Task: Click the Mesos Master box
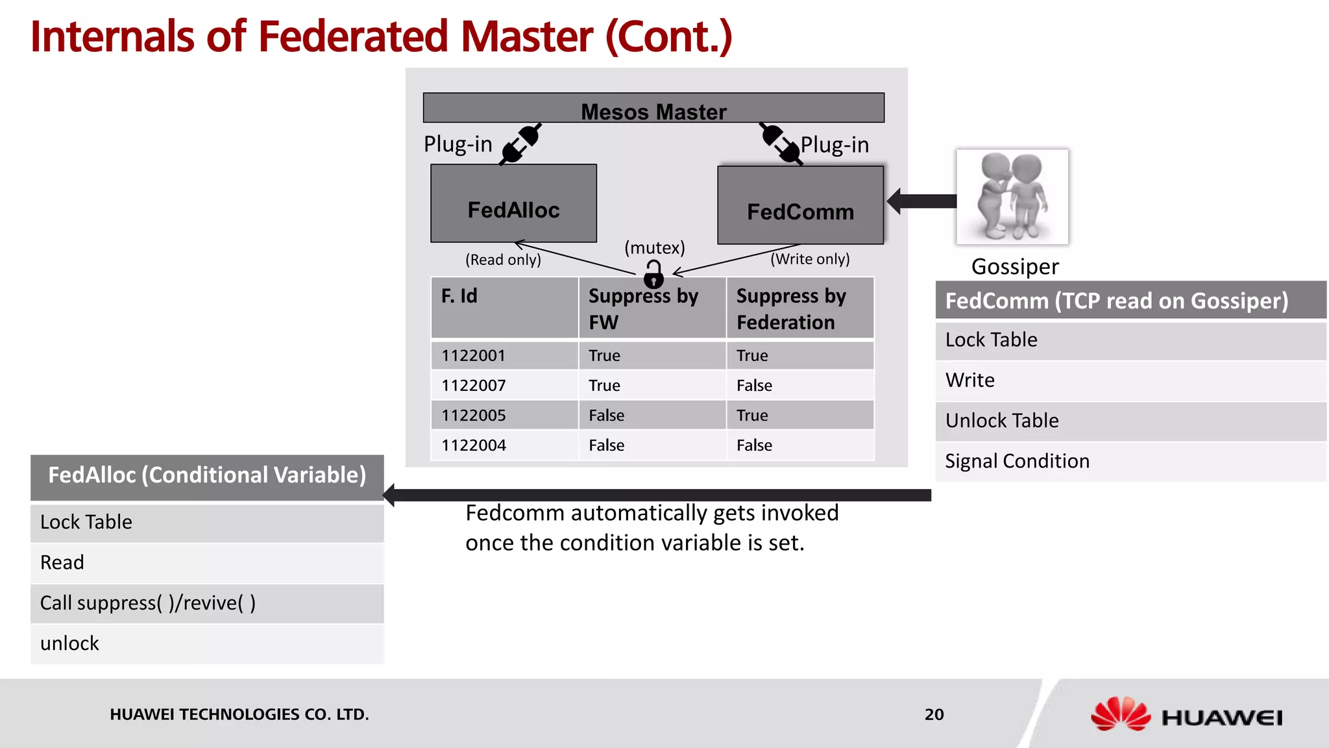coord(653,108)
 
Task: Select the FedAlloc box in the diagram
coord(513,204)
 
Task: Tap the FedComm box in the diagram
coord(800,206)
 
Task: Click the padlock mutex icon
coord(653,275)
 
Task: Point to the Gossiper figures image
coord(1012,197)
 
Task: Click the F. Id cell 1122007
coord(474,386)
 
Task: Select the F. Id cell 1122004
coord(474,445)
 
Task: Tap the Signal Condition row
coord(1130,461)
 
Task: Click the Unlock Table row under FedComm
coord(1130,421)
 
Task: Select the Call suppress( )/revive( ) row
coord(207,603)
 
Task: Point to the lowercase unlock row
coord(207,643)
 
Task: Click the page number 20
coord(934,714)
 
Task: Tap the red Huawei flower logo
coord(1120,714)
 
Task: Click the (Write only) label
coord(810,259)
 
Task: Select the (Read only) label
coord(503,260)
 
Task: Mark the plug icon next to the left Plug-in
coord(520,144)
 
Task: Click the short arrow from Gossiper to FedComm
coord(921,201)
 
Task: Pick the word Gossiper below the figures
coord(1015,267)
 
